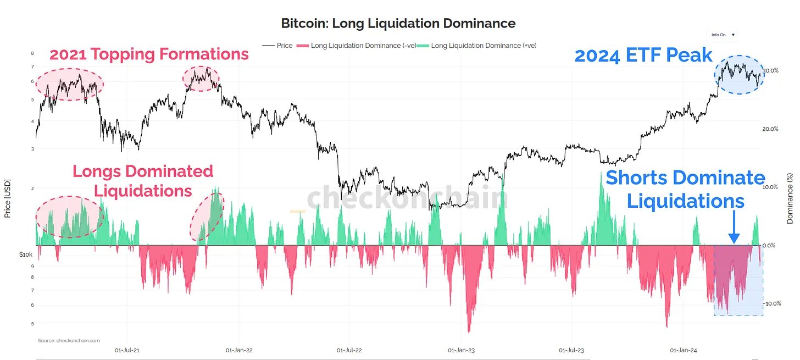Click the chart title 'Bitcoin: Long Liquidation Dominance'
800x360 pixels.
(x=398, y=24)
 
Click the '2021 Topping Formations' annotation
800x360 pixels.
(x=149, y=54)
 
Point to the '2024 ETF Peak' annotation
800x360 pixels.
(x=643, y=56)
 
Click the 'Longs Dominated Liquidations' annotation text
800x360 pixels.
(x=143, y=181)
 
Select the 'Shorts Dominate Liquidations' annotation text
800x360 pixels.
(x=685, y=189)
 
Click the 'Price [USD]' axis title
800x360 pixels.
(x=8, y=199)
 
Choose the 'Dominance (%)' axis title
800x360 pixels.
(x=790, y=198)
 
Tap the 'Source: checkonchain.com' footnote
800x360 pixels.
(x=69, y=341)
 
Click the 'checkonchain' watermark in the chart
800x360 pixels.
(x=407, y=198)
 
